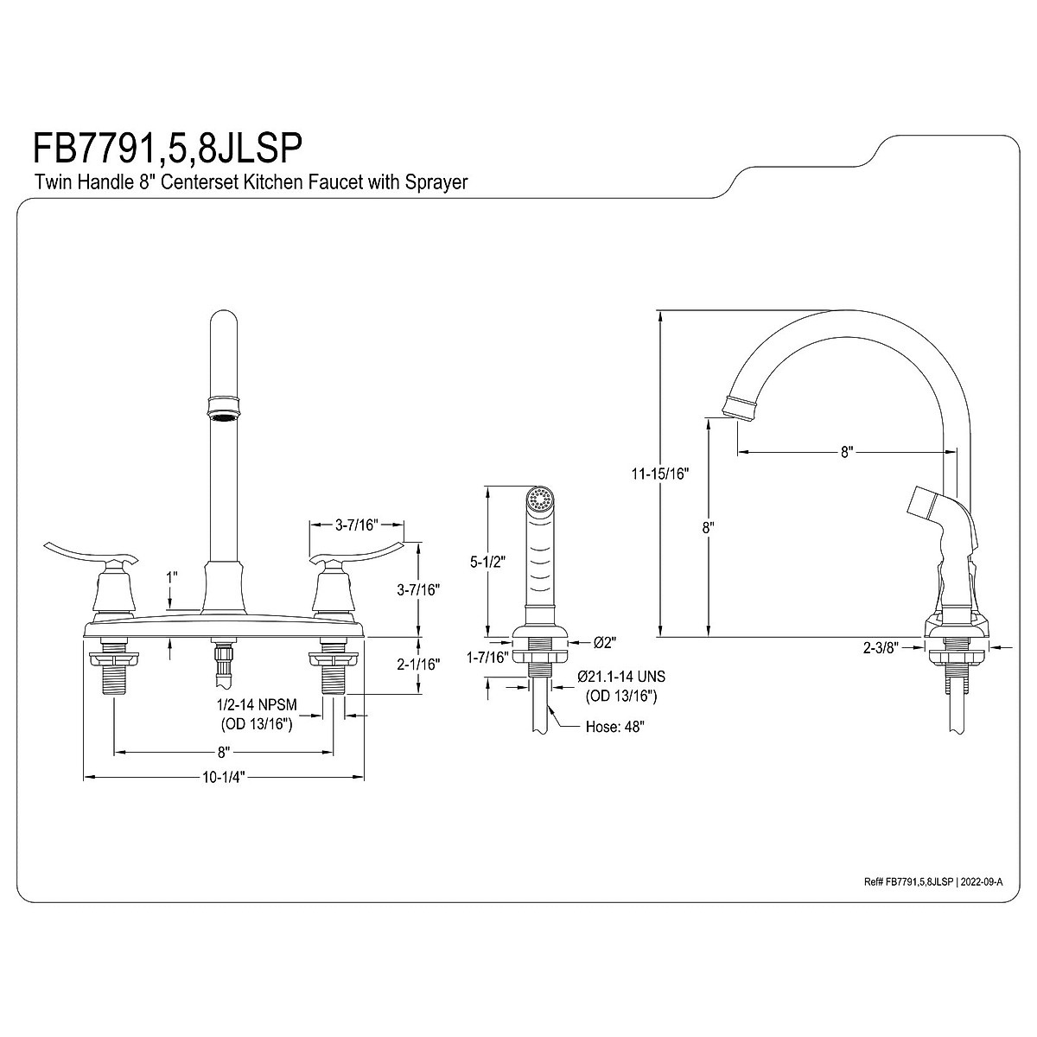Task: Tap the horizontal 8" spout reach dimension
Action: (x=846, y=451)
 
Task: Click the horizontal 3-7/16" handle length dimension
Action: (x=356, y=524)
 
